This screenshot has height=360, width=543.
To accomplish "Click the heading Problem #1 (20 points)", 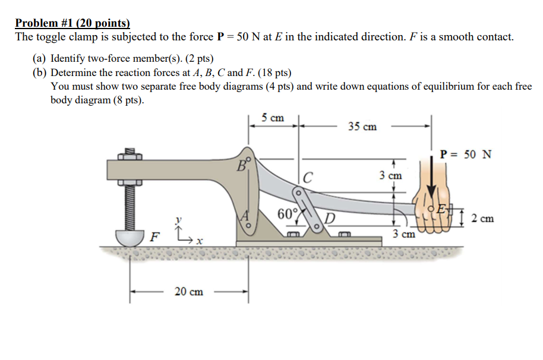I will tap(72, 23).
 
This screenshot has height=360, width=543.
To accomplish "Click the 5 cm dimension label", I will tap(273, 118).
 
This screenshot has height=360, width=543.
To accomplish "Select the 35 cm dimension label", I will tap(362, 127).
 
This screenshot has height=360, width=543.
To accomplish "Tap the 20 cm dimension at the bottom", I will tap(188, 291).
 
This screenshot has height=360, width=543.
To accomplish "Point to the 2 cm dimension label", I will tap(482, 219).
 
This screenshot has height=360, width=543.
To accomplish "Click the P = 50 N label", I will tap(466, 154).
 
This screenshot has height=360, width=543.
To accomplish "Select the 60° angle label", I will tap(287, 213).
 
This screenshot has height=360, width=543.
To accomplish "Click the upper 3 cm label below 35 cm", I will tap(390, 175).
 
